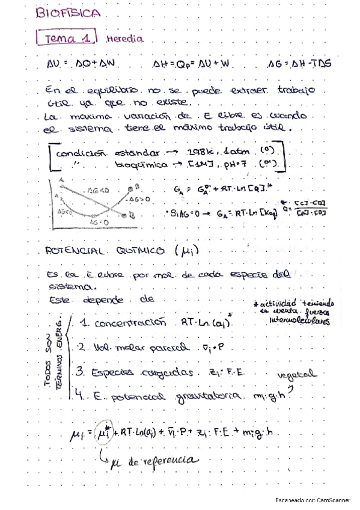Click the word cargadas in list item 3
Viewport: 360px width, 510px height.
[x=148, y=373]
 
